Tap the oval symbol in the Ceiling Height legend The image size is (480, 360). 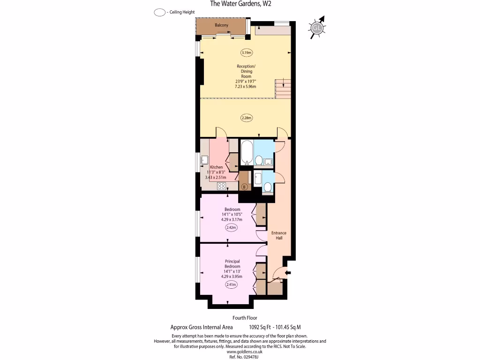point(159,13)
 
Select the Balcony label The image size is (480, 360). point(221,25)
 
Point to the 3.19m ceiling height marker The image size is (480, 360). point(247,52)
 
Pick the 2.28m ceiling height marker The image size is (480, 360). point(247,118)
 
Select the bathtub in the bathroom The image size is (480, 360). point(247,154)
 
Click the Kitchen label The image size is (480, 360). point(216,167)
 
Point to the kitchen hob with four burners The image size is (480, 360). point(221,187)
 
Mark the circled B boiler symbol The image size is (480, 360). point(244,187)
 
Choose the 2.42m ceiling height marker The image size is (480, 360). point(232,228)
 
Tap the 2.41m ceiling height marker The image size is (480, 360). point(232,284)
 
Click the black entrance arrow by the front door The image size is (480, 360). point(288,273)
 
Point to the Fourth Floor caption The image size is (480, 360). point(245,318)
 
